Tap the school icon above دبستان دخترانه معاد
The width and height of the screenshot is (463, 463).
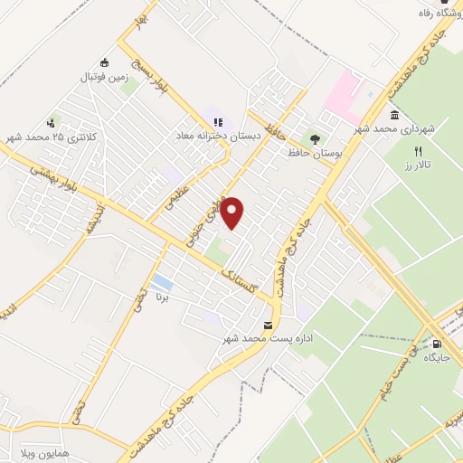click(x=217, y=120)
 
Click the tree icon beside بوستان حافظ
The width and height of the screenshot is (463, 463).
click(x=315, y=139)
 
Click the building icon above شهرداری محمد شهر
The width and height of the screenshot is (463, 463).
click(x=395, y=116)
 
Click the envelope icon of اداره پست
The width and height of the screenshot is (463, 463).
click(x=268, y=325)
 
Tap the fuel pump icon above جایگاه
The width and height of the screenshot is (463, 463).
click(x=438, y=344)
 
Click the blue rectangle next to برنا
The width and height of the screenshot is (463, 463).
click(x=163, y=281)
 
